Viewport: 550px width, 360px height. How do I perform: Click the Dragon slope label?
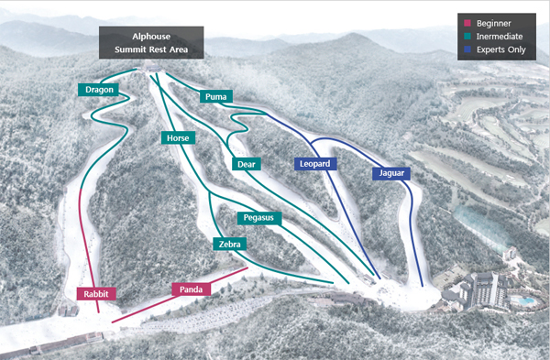[x=96, y=90]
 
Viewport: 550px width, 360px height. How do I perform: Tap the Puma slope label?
[x=216, y=96]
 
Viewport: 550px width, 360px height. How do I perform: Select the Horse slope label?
[x=178, y=137]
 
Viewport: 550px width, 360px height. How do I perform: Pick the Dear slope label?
[x=246, y=164]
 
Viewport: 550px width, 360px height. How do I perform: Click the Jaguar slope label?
[x=390, y=173]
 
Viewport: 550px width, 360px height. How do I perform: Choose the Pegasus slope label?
[x=261, y=218]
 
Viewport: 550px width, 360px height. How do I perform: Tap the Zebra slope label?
[x=229, y=245]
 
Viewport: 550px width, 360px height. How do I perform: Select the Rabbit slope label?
[x=96, y=294]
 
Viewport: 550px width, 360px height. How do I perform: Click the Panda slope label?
[x=191, y=289]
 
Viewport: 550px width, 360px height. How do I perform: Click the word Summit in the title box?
[x=132, y=49]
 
